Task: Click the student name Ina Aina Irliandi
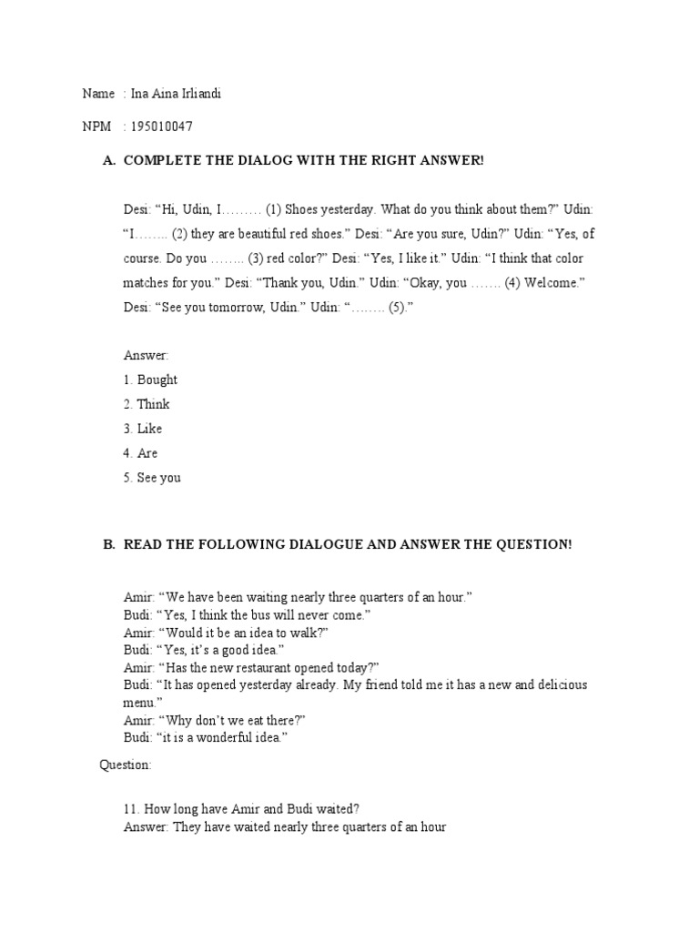[x=176, y=94]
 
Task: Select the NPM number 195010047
[x=161, y=127]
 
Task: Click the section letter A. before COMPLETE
[x=109, y=161]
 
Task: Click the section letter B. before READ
[x=109, y=544]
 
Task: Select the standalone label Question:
[x=126, y=765]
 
